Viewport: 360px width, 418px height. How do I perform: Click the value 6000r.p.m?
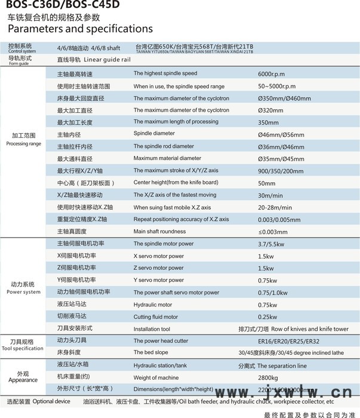(x=272, y=73)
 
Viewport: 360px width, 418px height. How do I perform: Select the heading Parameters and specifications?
(x=80, y=29)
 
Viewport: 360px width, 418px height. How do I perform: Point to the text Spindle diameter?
(x=154, y=134)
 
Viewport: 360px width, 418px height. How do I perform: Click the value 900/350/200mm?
(x=279, y=171)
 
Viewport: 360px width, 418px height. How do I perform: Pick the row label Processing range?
(x=24, y=144)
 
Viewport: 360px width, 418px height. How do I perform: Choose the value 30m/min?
(x=270, y=195)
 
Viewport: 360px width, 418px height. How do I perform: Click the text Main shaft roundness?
(x=159, y=232)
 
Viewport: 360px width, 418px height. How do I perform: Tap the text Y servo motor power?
(x=158, y=280)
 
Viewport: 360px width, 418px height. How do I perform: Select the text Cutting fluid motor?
(x=156, y=317)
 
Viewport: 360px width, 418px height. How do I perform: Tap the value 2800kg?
(x=268, y=377)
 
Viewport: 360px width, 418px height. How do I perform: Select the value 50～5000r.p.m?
(x=276, y=86)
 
